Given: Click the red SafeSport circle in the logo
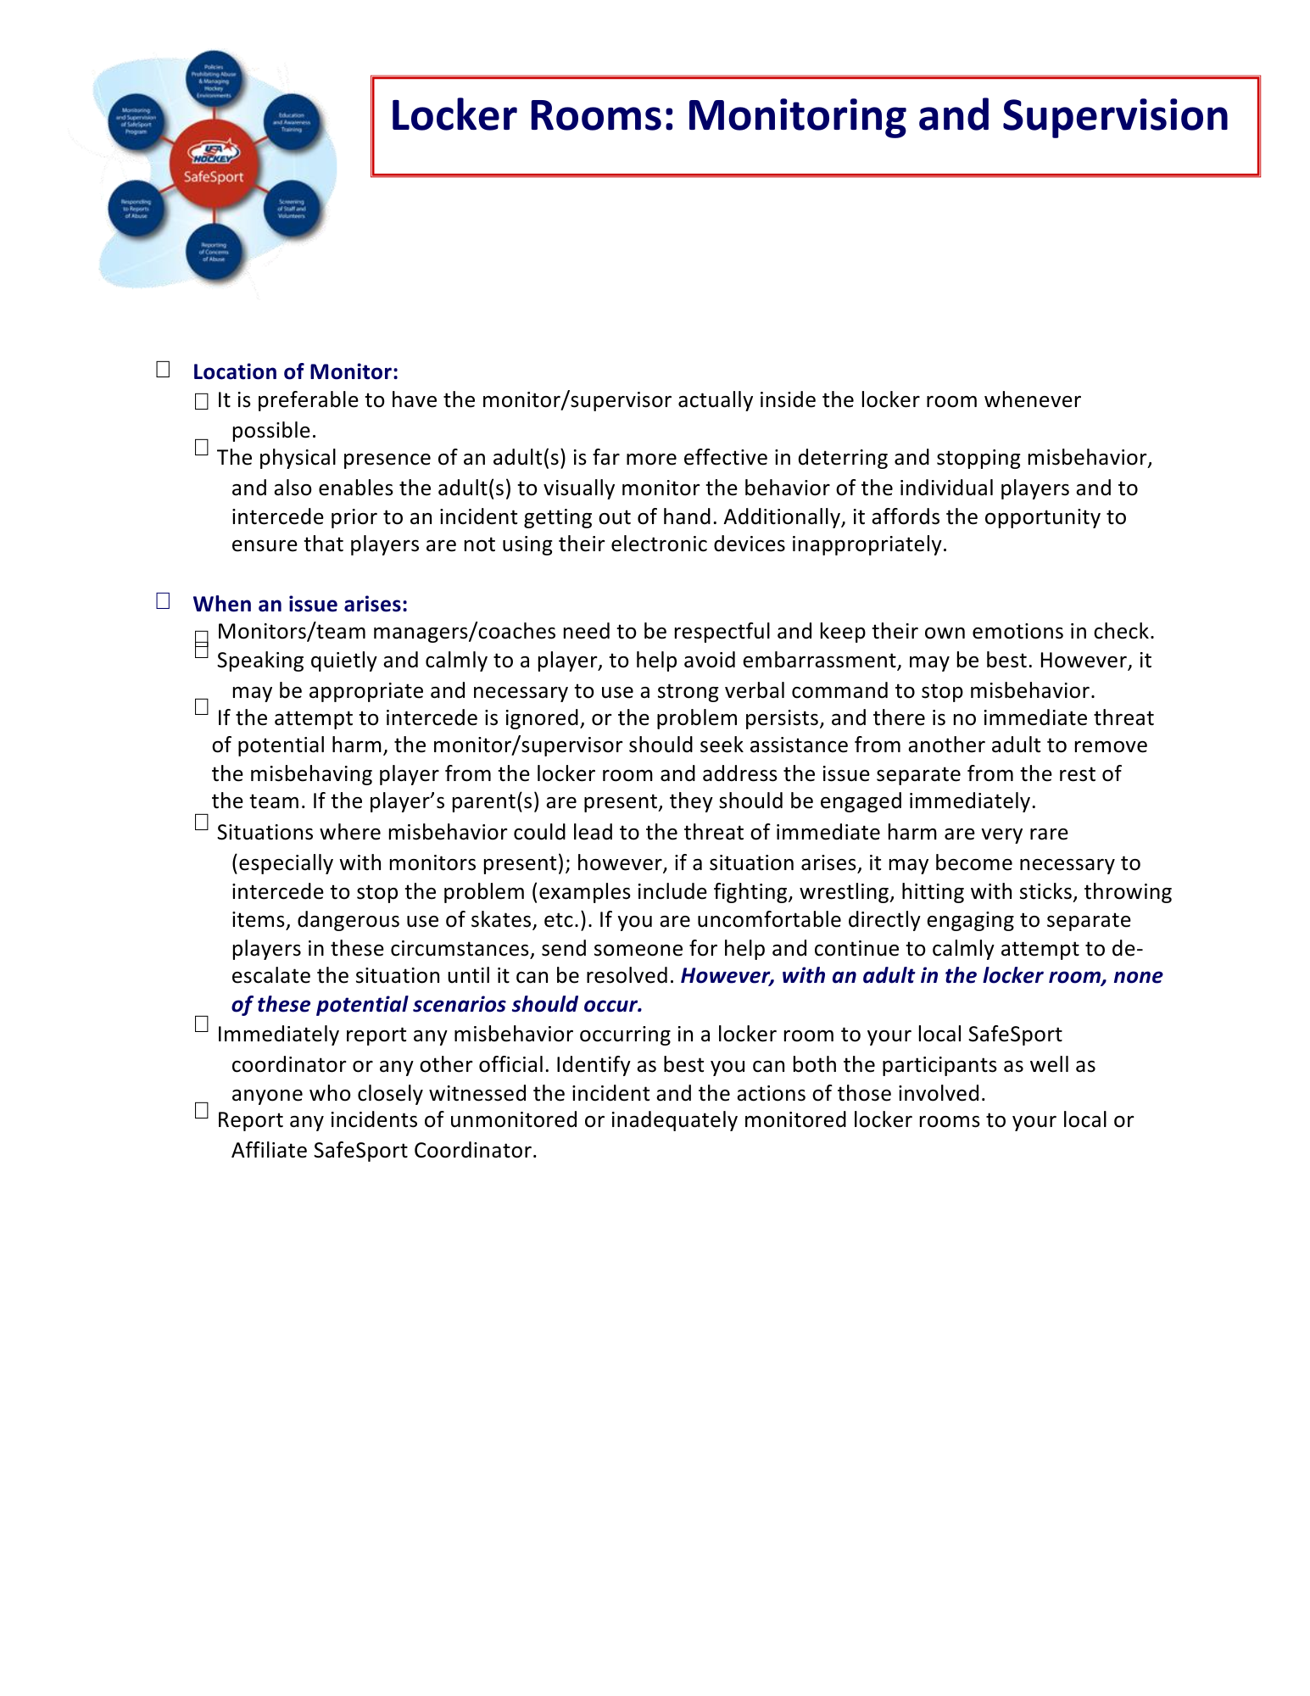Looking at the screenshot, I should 214,164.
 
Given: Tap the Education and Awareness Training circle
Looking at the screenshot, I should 292,122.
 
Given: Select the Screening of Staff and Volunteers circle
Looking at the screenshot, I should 292,209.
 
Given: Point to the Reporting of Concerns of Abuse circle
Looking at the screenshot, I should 214,252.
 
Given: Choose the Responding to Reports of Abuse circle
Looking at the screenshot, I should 136,209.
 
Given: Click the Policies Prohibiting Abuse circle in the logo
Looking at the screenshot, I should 214,79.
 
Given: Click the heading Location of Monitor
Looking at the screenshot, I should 295,372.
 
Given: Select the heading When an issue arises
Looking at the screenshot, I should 300,605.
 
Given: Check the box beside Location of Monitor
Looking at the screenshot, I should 163,369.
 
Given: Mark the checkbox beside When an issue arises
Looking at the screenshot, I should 163,600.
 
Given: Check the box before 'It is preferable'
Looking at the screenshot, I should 201,402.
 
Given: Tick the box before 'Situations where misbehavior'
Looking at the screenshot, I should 201,822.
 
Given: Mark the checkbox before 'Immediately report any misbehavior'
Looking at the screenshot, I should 201,1024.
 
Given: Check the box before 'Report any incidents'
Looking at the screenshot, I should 201,1110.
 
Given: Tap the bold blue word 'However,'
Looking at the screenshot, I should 727,976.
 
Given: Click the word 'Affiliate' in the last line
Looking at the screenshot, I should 269,1151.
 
